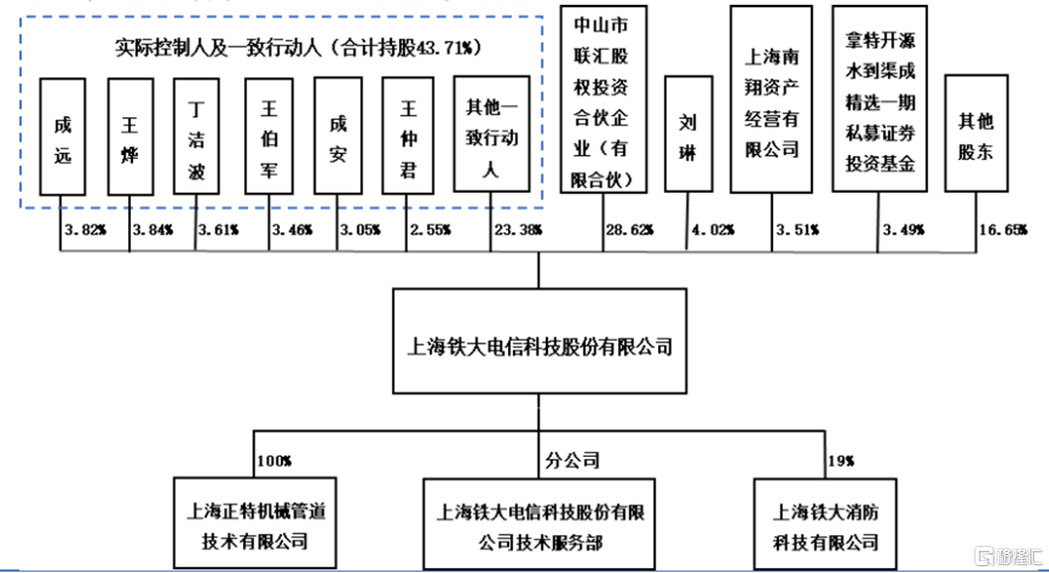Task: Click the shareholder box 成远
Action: coord(63,137)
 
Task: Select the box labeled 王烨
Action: coord(130,137)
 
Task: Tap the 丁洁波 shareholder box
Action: coord(197,137)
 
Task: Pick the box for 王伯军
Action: coord(269,137)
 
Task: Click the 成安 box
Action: coord(337,136)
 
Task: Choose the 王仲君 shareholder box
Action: coord(408,136)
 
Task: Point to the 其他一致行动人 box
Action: coord(491,134)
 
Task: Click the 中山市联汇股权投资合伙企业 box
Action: coord(603,99)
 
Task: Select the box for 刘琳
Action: coord(689,134)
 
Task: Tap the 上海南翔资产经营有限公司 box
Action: coord(771,99)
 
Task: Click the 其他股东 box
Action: coord(977,133)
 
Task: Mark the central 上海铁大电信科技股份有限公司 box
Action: coord(539,341)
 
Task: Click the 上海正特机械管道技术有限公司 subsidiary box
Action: coord(255,522)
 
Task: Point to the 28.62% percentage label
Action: coord(629,230)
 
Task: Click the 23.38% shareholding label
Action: coord(518,230)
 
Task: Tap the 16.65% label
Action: coord(1003,230)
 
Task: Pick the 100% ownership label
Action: coord(274,461)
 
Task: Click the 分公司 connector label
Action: coord(573,461)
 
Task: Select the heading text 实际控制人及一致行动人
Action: coord(218,48)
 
